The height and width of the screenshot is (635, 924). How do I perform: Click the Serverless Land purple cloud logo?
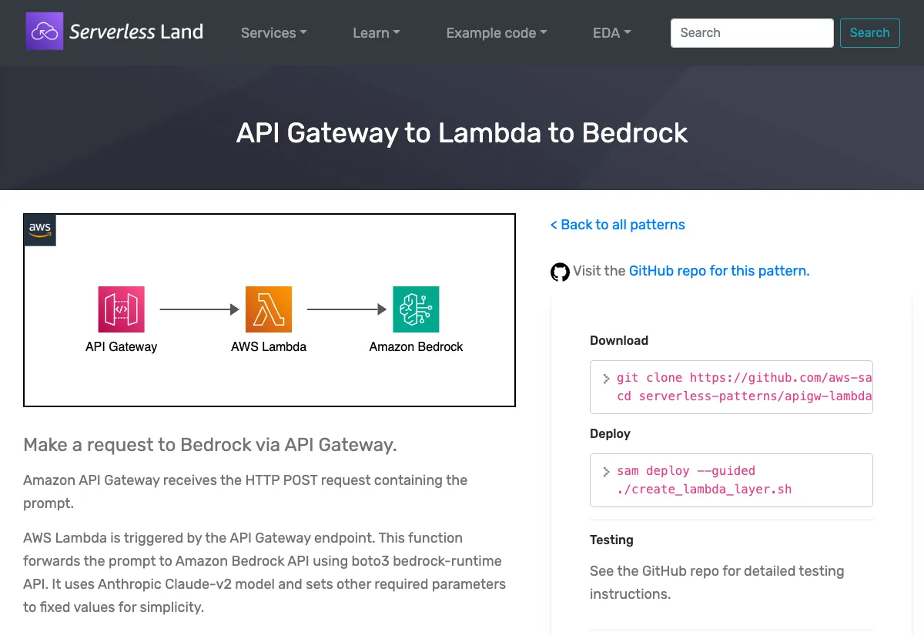point(45,32)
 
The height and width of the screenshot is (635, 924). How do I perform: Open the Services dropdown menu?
point(273,33)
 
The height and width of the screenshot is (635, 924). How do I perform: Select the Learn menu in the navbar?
point(376,33)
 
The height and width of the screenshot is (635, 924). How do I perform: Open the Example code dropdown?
point(496,33)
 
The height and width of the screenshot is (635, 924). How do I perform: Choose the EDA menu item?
point(611,33)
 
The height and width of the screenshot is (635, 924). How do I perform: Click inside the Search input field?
point(752,33)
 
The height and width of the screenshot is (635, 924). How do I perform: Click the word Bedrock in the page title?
point(634,133)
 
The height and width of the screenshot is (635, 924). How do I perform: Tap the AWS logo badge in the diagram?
point(40,230)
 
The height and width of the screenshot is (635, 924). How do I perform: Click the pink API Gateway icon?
point(122,309)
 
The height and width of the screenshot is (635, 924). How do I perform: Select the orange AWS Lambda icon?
point(269,309)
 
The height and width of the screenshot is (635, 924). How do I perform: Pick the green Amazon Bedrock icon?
point(416,309)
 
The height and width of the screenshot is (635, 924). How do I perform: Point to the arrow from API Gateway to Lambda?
point(199,309)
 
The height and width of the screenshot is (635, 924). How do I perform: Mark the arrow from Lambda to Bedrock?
point(346,309)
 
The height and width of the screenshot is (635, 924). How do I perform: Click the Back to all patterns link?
point(618,225)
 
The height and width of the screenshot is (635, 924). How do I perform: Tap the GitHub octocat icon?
point(560,272)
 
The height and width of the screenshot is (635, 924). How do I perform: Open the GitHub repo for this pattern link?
point(718,271)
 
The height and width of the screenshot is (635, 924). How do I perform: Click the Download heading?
point(619,341)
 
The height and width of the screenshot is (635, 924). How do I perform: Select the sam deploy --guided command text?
point(685,471)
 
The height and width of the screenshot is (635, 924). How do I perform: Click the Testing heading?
point(611,540)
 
